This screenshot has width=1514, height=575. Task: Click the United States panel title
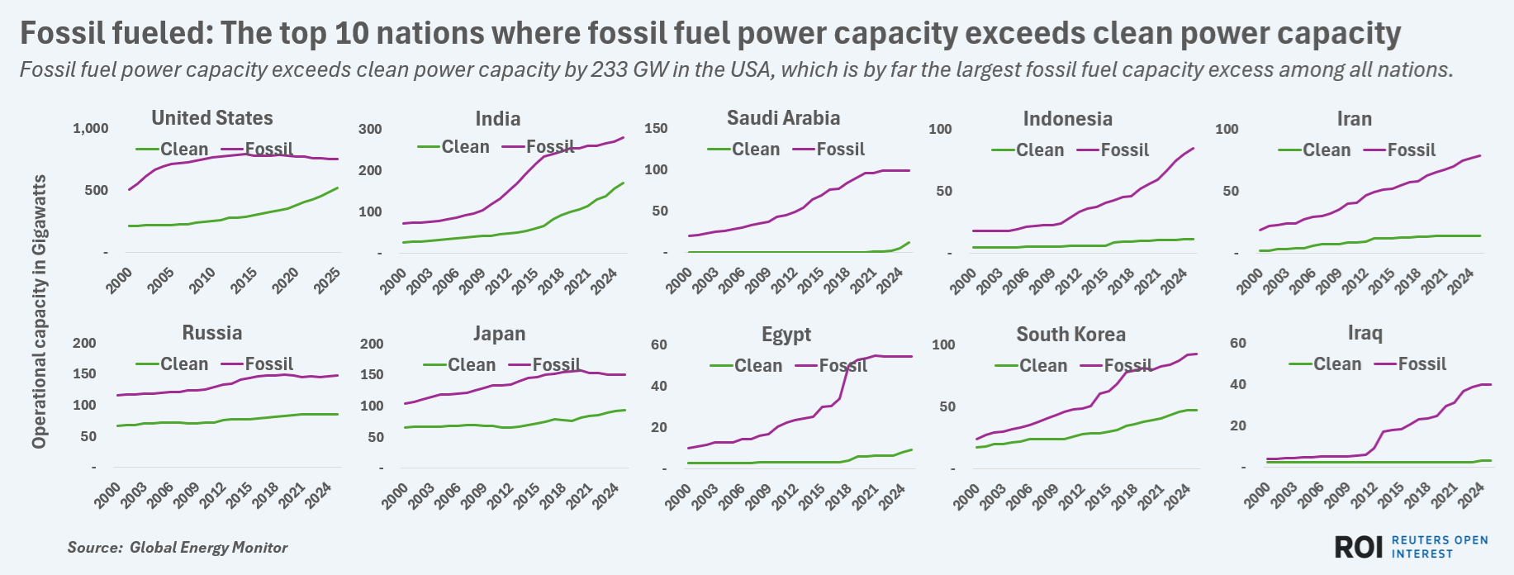pyautogui.click(x=211, y=118)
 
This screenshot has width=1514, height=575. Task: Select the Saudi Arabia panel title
pyautogui.click(x=783, y=118)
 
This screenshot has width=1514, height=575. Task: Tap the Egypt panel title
pyautogui.click(x=786, y=335)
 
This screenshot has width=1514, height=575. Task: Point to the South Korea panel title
pyautogui.click(x=1070, y=335)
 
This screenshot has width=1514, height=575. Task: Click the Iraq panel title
pyautogui.click(x=1364, y=333)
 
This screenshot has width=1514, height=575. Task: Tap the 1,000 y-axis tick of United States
pyautogui.click(x=91, y=128)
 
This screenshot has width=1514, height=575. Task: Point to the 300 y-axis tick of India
pyautogui.click(x=370, y=129)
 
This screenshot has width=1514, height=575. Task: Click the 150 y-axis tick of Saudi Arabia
pyautogui.click(x=656, y=128)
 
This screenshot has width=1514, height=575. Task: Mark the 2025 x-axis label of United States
pyautogui.click(x=326, y=281)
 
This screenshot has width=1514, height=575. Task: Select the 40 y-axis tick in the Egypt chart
pyautogui.click(x=658, y=386)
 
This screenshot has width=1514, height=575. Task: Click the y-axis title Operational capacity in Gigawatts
pyautogui.click(x=39, y=311)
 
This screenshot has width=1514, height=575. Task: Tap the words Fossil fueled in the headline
pyautogui.click(x=115, y=34)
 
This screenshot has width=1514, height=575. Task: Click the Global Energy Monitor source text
pyautogui.click(x=208, y=548)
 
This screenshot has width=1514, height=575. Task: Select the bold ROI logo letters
pyautogui.click(x=1359, y=547)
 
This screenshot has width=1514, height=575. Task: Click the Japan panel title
pyautogui.click(x=499, y=334)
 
